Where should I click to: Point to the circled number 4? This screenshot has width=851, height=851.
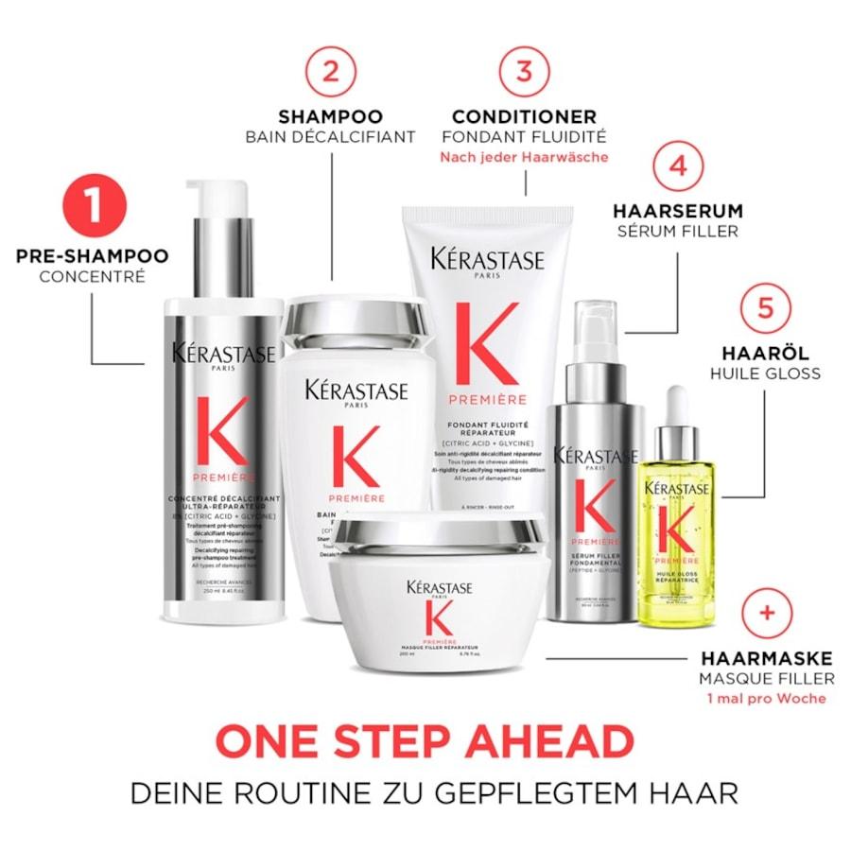[x=677, y=166]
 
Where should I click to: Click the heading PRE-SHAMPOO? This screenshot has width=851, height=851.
[x=92, y=256]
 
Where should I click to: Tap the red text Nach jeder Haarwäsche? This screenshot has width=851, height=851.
[x=524, y=157]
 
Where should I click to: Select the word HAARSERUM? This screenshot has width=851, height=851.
[x=677, y=211]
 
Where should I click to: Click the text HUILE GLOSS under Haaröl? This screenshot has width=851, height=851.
[x=766, y=373]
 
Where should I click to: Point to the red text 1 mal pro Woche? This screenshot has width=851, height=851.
[x=766, y=698]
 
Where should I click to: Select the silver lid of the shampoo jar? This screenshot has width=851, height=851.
[x=359, y=321]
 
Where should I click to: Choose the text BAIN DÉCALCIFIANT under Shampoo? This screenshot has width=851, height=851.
[x=330, y=136]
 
